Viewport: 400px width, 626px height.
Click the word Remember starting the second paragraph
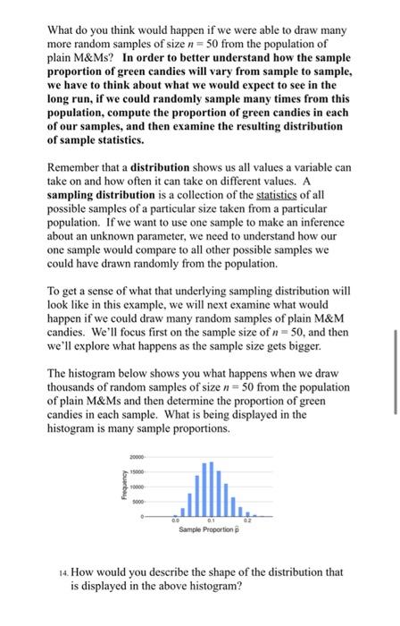pyautogui.click(x=76, y=167)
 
